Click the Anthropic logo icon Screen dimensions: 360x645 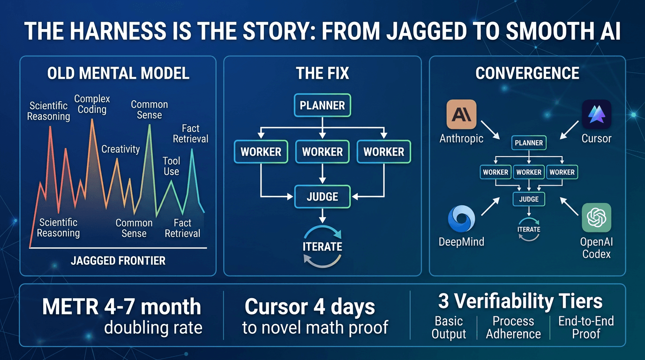point(462,114)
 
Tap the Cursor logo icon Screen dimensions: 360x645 point(596,114)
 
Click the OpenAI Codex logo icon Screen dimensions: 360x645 point(596,217)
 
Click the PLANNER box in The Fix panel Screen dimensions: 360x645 point(322,105)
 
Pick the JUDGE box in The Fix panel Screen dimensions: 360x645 point(322,196)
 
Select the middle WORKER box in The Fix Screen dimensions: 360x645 point(322,151)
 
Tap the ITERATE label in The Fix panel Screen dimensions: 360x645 point(322,247)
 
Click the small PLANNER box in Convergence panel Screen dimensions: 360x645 point(529,143)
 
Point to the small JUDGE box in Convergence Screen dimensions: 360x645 point(529,199)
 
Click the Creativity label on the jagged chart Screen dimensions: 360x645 point(120,149)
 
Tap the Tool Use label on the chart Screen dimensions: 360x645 point(171,166)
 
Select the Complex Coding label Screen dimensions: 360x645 point(92,104)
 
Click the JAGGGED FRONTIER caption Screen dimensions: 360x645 point(118,261)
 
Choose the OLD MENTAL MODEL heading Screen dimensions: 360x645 point(118,73)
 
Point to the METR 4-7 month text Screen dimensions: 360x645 point(121,307)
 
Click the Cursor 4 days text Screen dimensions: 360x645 point(310,307)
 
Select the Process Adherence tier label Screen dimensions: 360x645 point(513,327)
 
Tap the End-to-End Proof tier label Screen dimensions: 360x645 point(586,327)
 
